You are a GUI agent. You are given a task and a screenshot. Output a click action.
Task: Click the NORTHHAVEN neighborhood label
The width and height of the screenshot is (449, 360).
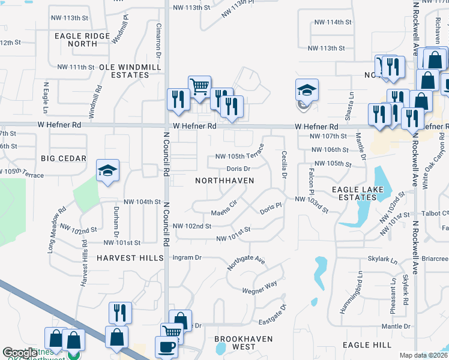pos(224,181)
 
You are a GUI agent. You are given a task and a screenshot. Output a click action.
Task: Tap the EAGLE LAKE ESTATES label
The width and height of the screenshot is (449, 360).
pos(354,193)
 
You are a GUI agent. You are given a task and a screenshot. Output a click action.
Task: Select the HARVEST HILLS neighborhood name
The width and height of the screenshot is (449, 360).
pos(130,257)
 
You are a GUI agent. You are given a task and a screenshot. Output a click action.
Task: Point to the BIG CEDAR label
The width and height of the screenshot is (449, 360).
pos(64,158)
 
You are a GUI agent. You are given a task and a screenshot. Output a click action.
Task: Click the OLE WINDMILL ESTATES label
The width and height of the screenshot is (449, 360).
pos(124,71)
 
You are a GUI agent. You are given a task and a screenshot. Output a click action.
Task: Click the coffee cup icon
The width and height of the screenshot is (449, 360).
pos(166,347)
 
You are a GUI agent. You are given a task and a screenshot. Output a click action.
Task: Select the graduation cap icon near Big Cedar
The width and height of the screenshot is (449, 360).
pos(108,170)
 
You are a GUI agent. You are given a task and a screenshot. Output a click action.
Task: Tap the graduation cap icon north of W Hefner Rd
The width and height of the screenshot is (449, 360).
pos(307,91)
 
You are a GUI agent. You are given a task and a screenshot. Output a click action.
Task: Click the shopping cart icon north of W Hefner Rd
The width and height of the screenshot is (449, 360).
pos(199,86)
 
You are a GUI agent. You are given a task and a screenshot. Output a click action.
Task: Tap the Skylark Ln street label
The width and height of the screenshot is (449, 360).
pos(382,261)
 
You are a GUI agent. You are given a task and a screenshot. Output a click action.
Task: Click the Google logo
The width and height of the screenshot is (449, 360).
pos(20,353)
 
